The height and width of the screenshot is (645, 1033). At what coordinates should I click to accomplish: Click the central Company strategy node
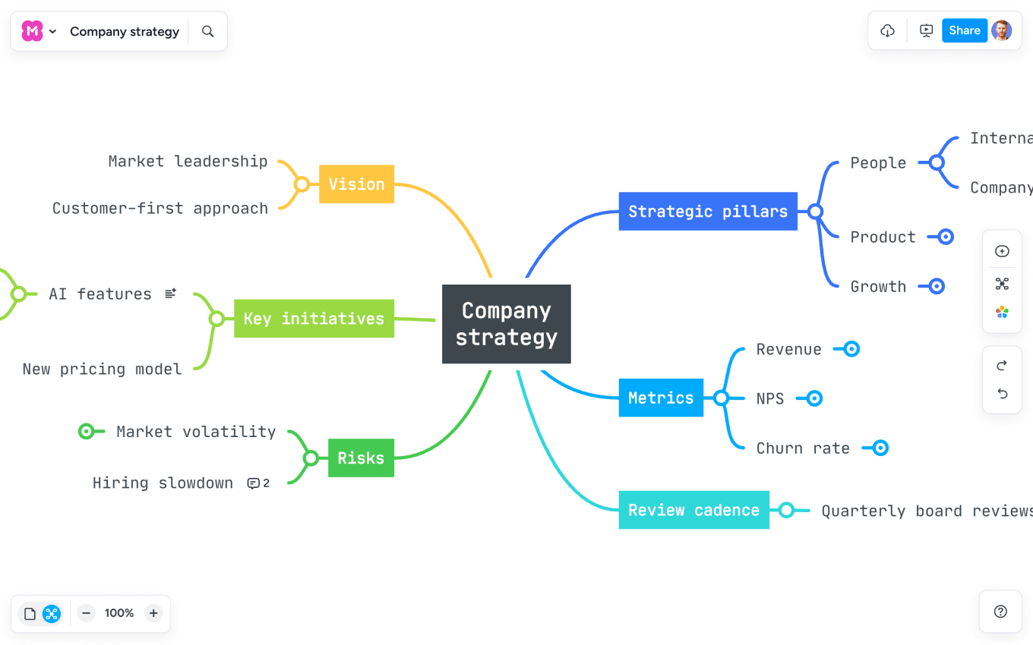(506, 324)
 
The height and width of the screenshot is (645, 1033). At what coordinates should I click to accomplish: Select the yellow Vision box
(356, 184)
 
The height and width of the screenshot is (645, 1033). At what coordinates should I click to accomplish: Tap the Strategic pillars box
(708, 212)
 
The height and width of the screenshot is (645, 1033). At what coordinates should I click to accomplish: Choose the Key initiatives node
(314, 319)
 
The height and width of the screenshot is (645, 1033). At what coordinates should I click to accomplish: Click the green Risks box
(361, 458)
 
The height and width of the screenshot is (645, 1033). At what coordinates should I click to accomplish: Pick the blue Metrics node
(661, 398)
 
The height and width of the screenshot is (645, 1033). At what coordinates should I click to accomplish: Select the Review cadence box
(693, 511)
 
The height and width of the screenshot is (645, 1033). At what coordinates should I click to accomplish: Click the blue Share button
(965, 31)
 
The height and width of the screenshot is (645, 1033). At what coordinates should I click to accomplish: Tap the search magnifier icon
(208, 32)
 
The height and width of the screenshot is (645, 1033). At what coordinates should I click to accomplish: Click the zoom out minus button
(87, 613)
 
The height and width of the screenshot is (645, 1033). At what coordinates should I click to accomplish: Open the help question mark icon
(1000, 612)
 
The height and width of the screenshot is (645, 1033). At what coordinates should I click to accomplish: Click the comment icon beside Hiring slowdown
(254, 483)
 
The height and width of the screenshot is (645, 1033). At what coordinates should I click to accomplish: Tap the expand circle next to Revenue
(851, 349)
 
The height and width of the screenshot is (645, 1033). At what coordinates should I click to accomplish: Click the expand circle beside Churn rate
(880, 448)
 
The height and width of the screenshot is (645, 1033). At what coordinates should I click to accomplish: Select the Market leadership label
(188, 161)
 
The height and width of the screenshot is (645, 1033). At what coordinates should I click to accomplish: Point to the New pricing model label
(103, 370)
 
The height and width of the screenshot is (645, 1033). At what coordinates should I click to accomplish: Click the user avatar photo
(1002, 31)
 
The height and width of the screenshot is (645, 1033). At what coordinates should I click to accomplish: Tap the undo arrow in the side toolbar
(1002, 393)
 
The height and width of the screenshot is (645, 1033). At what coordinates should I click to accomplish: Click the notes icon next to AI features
(171, 293)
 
